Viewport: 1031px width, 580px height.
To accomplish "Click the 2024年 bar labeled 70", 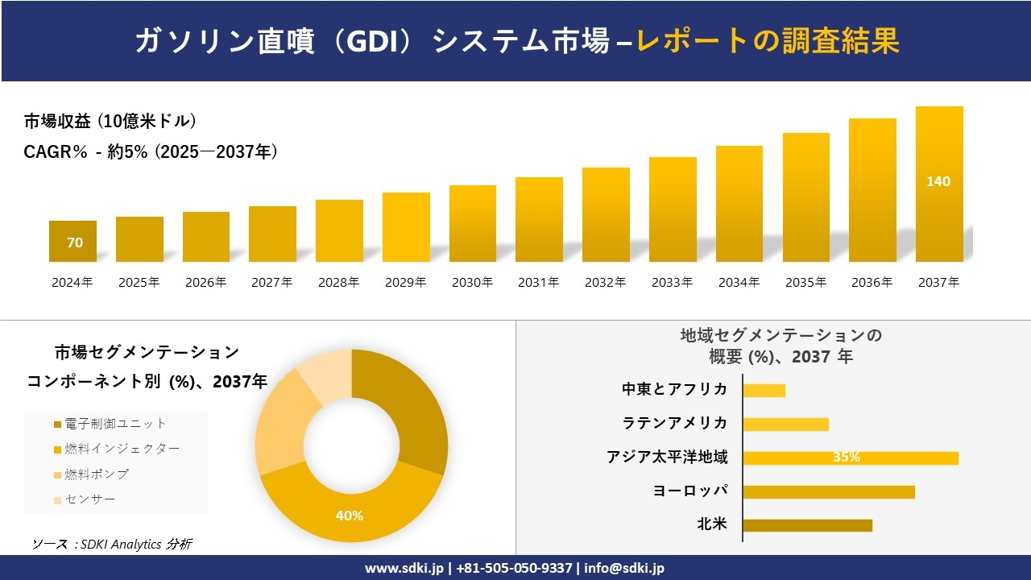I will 72,242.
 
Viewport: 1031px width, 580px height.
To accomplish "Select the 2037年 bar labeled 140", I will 939,185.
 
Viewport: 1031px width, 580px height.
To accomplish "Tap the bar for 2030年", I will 473,224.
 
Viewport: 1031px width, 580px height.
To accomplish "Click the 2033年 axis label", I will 672,283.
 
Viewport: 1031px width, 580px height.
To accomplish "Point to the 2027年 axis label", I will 272,283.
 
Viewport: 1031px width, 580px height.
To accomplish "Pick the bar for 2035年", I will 805,197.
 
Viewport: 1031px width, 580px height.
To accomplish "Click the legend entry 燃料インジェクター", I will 121,449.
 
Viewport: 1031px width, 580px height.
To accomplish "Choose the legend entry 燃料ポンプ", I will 97,474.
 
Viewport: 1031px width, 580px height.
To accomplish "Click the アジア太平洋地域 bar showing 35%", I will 850,458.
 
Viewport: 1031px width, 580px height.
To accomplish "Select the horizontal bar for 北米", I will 807,525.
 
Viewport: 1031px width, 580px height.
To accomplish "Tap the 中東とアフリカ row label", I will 675,390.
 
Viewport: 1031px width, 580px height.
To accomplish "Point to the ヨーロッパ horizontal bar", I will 828,491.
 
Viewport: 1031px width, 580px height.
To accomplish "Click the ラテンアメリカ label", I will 675,424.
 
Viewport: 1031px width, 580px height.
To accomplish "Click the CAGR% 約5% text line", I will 151,152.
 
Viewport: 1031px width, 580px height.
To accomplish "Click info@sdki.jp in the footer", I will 624,568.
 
